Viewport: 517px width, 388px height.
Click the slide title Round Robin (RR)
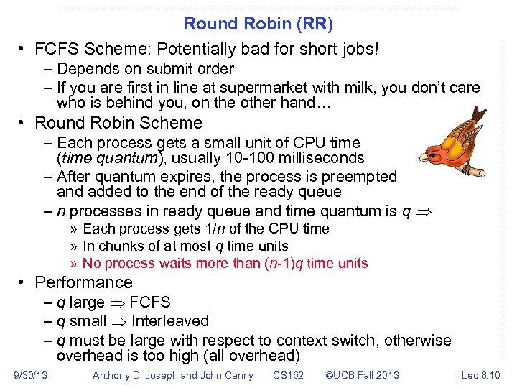click(x=258, y=24)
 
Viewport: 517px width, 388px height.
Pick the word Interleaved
click(x=170, y=321)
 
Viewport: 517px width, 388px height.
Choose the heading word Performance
click(x=83, y=282)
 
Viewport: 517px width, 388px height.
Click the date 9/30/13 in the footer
click(x=30, y=375)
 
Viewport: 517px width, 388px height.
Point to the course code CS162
click(x=288, y=375)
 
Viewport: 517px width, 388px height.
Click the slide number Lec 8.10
click(x=481, y=375)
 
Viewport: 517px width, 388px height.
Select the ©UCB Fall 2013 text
click(x=362, y=375)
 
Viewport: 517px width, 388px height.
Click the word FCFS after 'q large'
click(x=150, y=302)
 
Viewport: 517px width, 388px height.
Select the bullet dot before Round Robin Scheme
click(x=23, y=124)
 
